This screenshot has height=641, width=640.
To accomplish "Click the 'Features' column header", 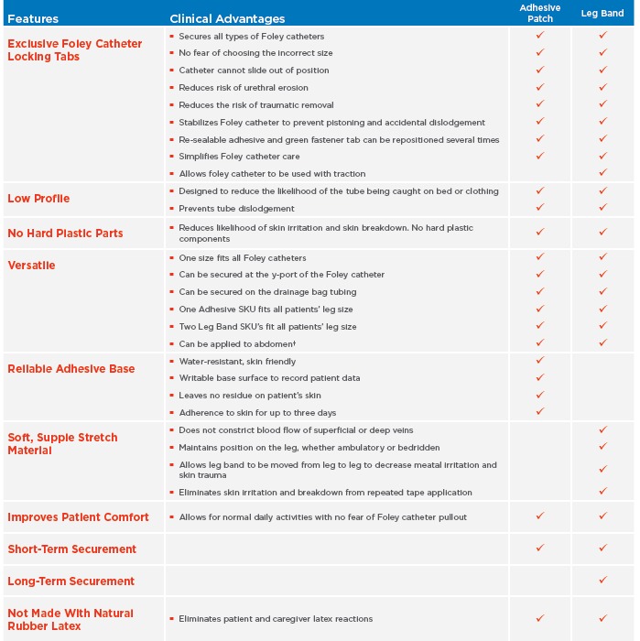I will coord(33,18).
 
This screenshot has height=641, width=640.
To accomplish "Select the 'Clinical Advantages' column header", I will coord(227,18).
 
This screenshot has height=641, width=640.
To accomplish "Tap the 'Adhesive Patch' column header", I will coord(540,12).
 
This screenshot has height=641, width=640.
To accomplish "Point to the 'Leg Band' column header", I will coord(602,13).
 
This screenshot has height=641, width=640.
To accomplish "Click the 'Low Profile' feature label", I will coord(38,199).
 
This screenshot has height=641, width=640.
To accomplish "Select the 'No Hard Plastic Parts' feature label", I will coord(65,233).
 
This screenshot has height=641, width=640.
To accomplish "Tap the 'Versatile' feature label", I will coord(31,266).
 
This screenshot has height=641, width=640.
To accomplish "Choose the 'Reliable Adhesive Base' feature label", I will coord(71,369).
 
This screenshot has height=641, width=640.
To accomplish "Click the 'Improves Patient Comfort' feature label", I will coord(78,517).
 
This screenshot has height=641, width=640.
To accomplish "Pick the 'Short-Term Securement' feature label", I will coord(72,549).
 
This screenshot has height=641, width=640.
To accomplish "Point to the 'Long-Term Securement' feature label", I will coord(71,581).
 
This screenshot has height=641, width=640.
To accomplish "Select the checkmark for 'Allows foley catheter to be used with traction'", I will coord(602,173).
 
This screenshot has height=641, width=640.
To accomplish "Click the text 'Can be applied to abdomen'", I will coord(236,344).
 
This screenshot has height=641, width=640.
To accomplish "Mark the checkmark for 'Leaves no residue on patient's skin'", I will coord(540,395).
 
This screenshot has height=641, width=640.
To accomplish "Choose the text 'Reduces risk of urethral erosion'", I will coord(243,88).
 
